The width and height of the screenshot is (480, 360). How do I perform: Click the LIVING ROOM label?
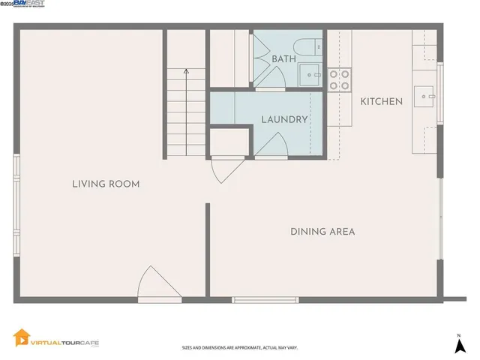tap(106, 184)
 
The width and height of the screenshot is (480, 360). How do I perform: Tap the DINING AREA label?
tap(322, 232)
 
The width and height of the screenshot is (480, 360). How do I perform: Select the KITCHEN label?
tap(382, 102)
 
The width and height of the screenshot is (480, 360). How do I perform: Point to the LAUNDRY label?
tap(285, 120)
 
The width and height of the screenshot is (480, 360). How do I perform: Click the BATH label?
tap(283, 58)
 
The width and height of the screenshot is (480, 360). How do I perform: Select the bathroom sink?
tap(310, 73)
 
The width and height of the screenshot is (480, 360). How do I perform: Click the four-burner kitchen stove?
tap(340, 79)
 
